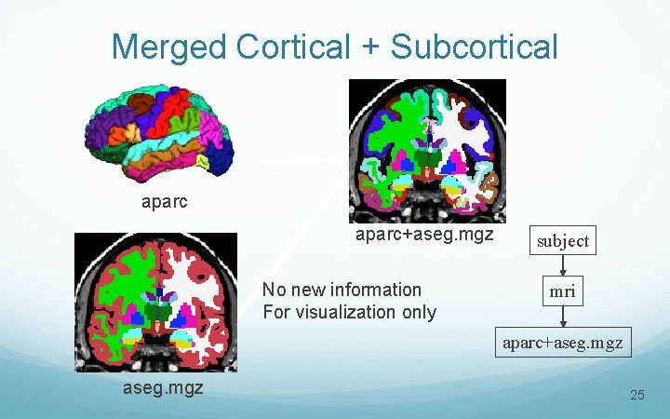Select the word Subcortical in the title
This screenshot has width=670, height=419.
point(476,47)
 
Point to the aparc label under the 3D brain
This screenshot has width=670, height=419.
point(164,201)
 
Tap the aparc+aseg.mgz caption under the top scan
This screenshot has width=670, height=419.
point(424,235)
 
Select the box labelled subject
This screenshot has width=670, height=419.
point(562,240)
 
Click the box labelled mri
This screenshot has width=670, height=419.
point(562,291)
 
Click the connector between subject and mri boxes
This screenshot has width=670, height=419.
point(562,265)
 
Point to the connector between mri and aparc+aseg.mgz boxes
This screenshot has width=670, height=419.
point(563,317)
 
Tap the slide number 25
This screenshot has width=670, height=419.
point(637,396)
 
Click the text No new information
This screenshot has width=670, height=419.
point(342,290)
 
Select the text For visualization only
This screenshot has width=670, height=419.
point(349,312)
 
